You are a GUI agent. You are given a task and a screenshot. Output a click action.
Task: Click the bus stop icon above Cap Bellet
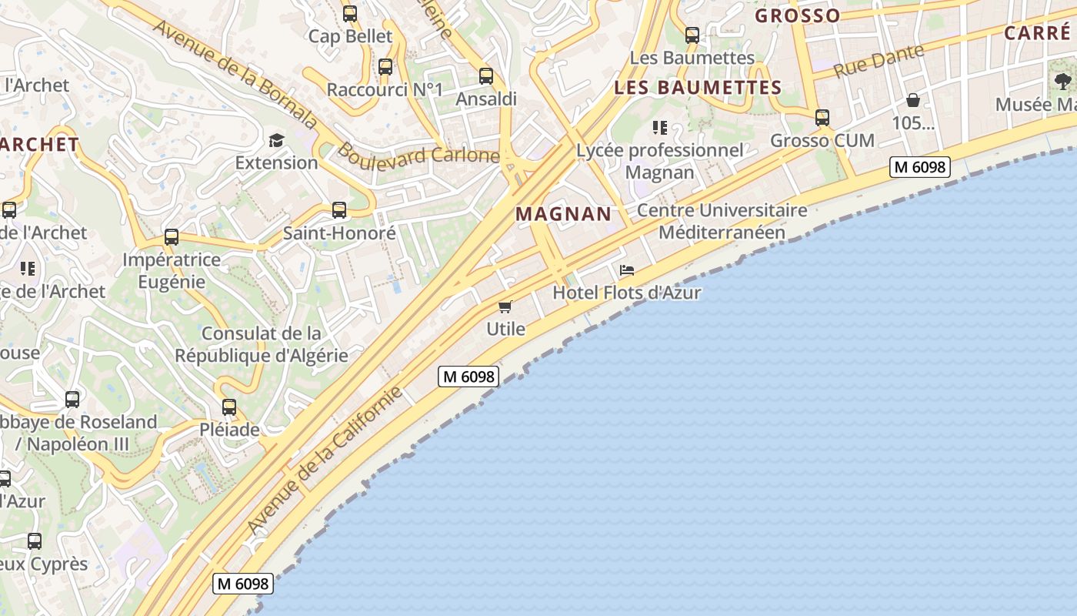coord(350,13)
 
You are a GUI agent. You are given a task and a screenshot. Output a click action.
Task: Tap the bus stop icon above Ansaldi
coord(485,76)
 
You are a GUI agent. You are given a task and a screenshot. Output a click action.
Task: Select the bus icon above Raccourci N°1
coord(385,67)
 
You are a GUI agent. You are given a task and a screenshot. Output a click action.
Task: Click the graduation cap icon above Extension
coord(276,140)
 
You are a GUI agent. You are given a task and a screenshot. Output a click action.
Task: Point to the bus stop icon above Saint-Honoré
coord(338,210)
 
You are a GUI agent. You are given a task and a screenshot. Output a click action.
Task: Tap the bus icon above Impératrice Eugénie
coord(171,237)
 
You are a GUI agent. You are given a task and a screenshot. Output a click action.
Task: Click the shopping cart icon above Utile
coord(505,307)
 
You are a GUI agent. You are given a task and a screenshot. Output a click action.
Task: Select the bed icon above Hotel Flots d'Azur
coord(627,270)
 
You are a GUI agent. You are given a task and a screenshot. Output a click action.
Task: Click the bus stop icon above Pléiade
coord(228,407)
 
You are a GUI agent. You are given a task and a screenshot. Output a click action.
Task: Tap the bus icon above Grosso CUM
coord(822,118)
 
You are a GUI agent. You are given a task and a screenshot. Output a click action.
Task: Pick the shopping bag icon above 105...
coord(912,100)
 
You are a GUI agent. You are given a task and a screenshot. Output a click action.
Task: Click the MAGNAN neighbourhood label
coord(564,214)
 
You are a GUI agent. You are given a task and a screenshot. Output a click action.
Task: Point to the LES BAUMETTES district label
coord(698,88)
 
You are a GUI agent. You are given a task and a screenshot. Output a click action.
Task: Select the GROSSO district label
coord(797,15)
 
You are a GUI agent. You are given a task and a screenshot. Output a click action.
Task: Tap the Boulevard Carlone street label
coord(418,153)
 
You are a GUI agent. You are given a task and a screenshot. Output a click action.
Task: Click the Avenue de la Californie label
coord(325,460)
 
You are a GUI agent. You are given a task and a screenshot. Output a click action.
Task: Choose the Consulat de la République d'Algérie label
coord(261,345)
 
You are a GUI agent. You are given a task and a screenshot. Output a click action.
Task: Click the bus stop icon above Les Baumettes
coord(692,35)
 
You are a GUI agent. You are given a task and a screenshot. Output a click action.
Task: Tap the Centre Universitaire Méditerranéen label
coord(722,221)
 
